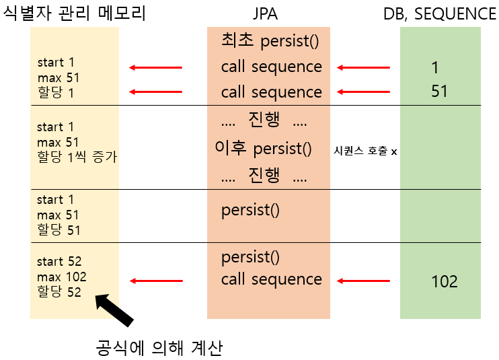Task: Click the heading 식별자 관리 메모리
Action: (x=75, y=13)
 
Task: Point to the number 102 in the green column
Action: (x=444, y=281)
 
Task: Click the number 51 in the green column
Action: (x=439, y=91)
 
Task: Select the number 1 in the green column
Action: (x=435, y=67)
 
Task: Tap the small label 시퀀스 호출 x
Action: (x=365, y=151)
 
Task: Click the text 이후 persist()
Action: (x=263, y=148)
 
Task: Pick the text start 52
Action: (x=59, y=262)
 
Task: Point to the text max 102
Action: (x=62, y=277)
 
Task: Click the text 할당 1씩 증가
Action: (x=77, y=157)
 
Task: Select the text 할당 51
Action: (x=59, y=230)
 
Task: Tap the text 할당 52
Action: (x=59, y=292)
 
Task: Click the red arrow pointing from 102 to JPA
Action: (x=363, y=281)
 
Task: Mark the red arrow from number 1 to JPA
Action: (x=363, y=67)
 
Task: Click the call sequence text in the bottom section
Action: (x=271, y=279)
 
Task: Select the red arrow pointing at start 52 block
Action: (x=155, y=281)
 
